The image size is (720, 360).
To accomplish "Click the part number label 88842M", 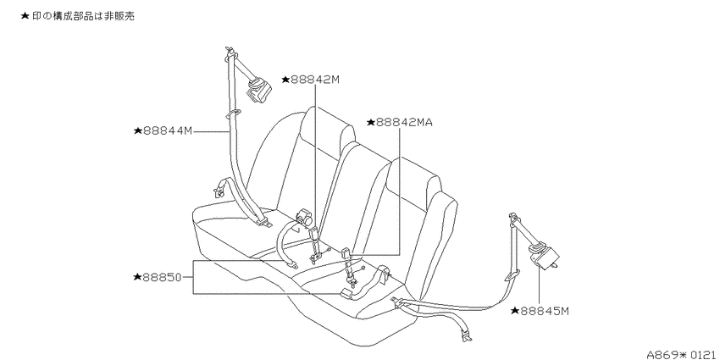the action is point(315,80).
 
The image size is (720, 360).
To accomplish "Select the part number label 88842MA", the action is point(404,122).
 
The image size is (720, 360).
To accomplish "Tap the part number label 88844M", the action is point(168,130).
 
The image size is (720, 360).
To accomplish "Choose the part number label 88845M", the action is point(545,312).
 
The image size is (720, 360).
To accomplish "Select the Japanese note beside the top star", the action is point(83,16).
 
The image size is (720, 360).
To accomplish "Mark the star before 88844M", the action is point(138,130).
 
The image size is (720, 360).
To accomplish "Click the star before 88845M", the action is point(515,312).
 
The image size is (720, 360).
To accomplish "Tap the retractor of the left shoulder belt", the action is point(258,89).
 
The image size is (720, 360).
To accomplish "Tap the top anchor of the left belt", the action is point(231,53).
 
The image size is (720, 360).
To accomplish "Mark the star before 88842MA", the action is point(371,122).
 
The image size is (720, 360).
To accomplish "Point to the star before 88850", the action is point(137,277).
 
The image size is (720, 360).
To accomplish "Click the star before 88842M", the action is point(285,80).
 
